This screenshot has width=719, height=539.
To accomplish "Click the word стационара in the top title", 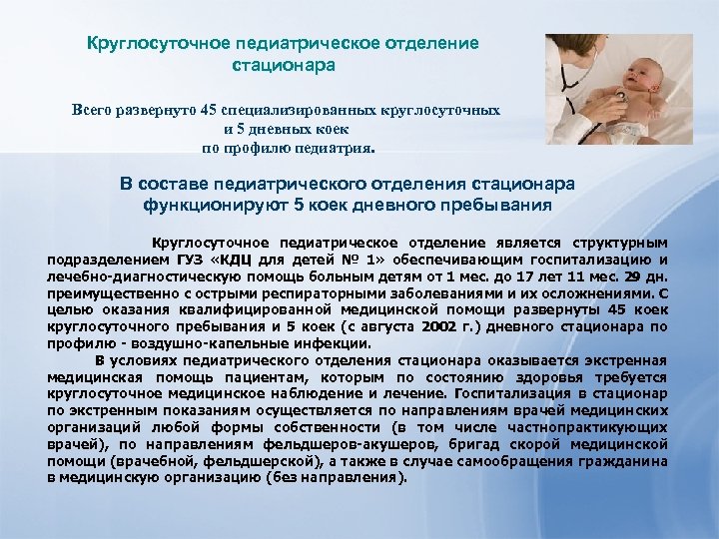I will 284,65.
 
